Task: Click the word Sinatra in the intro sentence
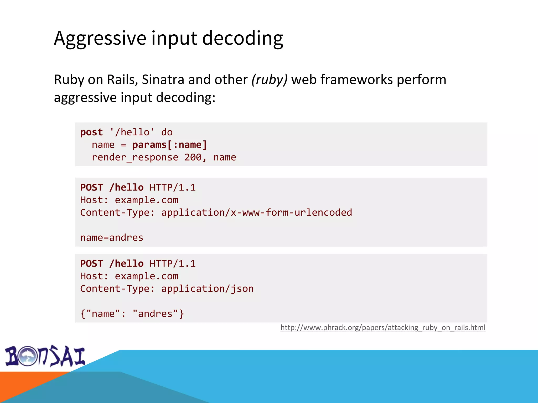click(x=163, y=79)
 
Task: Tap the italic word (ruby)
click(x=270, y=79)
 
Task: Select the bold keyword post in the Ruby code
click(x=91, y=132)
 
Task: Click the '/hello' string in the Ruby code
click(x=132, y=132)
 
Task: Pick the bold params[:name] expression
click(x=170, y=145)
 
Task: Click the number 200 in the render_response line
click(x=193, y=157)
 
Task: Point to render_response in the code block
click(x=135, y=157)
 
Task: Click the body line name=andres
click(x=112, y=238)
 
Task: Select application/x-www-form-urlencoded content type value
click(x=256, y=213)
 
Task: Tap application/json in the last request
click(x=207, y=289)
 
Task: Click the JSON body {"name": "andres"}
click(x=132, y=314)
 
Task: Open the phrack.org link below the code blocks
click(x=383, y=327)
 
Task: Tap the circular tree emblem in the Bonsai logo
click(x=28, y=356)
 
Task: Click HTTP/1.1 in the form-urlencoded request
click(x=173, y=188)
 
